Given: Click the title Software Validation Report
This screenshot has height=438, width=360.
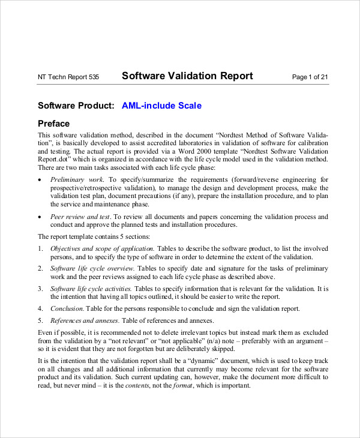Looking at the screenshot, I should [x=187, y=76].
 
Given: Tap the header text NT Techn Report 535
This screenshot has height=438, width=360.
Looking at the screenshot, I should [x=68, y=77].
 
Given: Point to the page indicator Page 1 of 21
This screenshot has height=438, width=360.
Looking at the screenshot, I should [x=310, y=77].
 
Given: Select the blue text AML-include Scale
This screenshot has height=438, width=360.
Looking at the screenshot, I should [x=161, y=106].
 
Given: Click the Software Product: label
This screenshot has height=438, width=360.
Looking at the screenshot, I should [x=76, y=106].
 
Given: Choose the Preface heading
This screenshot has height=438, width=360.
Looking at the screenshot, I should [x=53, y=124].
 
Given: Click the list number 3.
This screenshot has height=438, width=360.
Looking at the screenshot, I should [x=40, y=289].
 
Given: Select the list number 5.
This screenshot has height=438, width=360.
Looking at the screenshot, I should [x=40, y=320].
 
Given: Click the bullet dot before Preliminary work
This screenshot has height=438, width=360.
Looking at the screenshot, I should [x=40, y=180].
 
